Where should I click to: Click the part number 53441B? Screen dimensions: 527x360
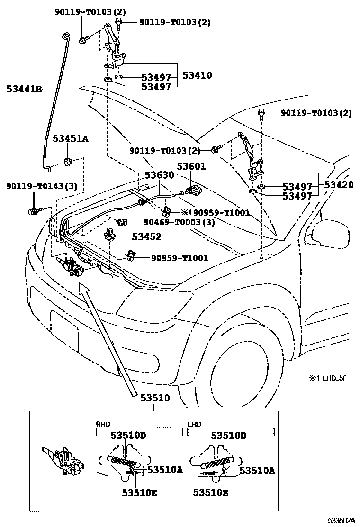pyautogui.click(x=24, y=88)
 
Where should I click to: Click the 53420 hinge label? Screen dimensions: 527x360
pyautogui.click(x=339, y=185)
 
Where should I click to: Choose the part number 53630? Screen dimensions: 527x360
pyautogui.click(x=159, y=175)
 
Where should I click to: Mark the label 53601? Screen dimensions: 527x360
pyautogui.click(x=191, y=166)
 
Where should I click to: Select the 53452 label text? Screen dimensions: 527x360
pyautogui.click(x=146, y=237)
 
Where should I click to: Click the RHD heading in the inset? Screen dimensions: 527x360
pyautogui.click(x=103, y=425)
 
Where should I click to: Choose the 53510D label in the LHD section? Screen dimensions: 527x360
pyautogui.click(x=228, y=435)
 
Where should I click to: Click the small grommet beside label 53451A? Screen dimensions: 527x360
pyautogui.click(x=68, y=162)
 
